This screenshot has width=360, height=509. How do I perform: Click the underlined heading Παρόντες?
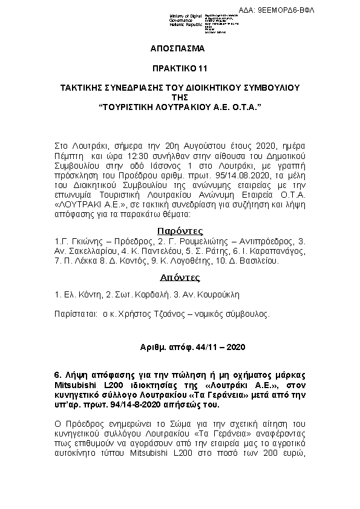180,231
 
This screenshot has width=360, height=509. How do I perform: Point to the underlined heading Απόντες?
180,278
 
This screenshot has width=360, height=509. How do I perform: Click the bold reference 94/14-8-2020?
137,406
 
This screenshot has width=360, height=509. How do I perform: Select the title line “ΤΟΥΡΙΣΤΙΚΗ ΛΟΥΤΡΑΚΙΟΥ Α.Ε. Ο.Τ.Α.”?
180,106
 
